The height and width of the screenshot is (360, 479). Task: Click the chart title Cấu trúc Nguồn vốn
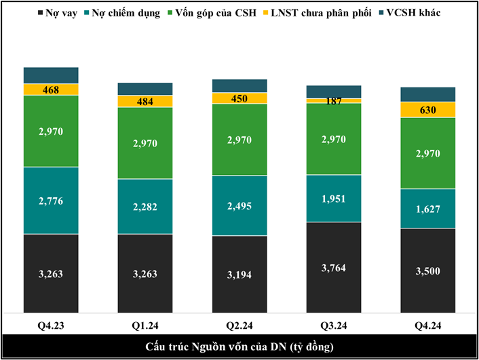pyautogui.click(x=239, y=347)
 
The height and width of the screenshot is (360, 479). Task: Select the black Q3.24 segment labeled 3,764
pyautogui.click(x=334, y=267)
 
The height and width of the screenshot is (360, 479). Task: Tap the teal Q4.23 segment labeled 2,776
pyautogui.click(x=51, y=200)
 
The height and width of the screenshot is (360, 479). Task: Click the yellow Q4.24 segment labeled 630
pyautogui.click(x=428, y=110)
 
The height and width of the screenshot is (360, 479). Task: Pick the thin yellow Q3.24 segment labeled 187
pyautogui.click(x=334, y=101)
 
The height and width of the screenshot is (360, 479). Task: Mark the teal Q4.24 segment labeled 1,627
pyautogui.click(x=428, y=208)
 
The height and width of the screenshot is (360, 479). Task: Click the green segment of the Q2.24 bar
pyautogui.click(x=240, y=140)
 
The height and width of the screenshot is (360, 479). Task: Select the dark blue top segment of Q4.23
pyautogui.click(x=51, y=75)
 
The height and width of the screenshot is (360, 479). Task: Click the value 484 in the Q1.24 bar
pyautogui.click(x=145, y=102)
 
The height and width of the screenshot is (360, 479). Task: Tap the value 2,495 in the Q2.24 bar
pyautogui.click(x=240, y=206)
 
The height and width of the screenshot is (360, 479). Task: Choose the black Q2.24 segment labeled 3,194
pyautogui.click(x=240, y=274)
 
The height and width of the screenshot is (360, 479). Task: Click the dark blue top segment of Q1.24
pyautogui.click(x=145, y=89)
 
